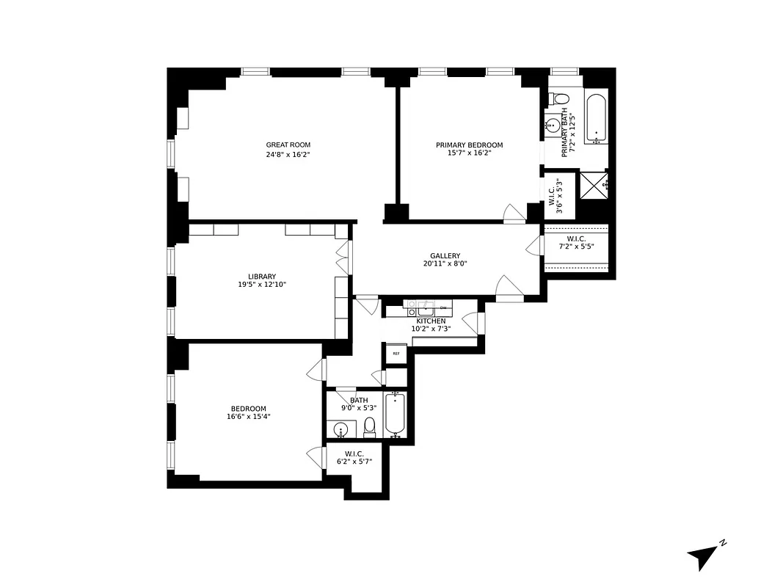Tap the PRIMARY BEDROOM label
(469, 145)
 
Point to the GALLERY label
(445, 255)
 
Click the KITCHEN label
(431, 321)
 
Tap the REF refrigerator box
(396, 354)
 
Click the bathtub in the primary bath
(596, 118)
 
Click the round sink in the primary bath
(552, 126)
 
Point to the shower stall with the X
(594, 183)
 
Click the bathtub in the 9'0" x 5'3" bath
(396, 415)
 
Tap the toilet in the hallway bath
(370, 426)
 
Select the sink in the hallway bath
(340, 429)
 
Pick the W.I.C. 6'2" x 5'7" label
(354, 457)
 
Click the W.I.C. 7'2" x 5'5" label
(577, 243)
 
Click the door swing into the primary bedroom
(514, 213)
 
